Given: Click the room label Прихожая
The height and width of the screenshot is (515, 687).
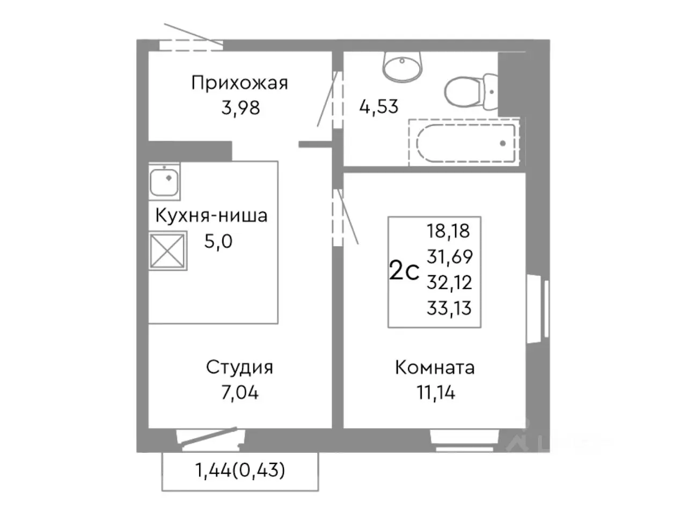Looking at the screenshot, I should pyautogui.click(x=239, y=83).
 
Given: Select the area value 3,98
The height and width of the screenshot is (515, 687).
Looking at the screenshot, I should pyautogui.click(x=240, y=108).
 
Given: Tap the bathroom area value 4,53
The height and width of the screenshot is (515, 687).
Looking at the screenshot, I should pyautogui.click(x=378, y=106).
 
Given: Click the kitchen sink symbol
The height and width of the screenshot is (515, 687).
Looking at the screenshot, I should pyautogui.click(x=164, y=181).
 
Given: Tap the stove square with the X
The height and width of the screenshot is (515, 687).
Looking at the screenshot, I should pyautogui.click(x=168, y=251).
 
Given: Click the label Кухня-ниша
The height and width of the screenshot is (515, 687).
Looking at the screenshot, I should pyautogui.click(x=211, y=216).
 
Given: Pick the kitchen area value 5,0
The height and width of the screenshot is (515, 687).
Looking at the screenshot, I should pyautogui.click(x=218, y=241).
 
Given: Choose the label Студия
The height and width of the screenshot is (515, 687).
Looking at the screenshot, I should pyautogui.click(x=239, y=367).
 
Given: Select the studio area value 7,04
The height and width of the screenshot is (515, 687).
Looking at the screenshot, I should pyautogui.click(x=239, y=393).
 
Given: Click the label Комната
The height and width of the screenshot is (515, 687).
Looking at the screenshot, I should pyautogui.click(x=435, y=367).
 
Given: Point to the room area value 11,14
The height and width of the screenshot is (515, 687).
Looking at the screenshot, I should pyautogui.click(x=436, y=393).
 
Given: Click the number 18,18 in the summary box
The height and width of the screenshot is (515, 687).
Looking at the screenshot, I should pyautogui.click(x=448, y=231).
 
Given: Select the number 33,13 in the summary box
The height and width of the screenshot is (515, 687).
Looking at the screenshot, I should pyautogui.click(x=449, y=308).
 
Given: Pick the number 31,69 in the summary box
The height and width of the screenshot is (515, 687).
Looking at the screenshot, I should pyautogui.click(x=449, y=257).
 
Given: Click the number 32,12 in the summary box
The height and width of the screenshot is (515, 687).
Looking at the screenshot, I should pyautogui.click(x=449, y=282).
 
